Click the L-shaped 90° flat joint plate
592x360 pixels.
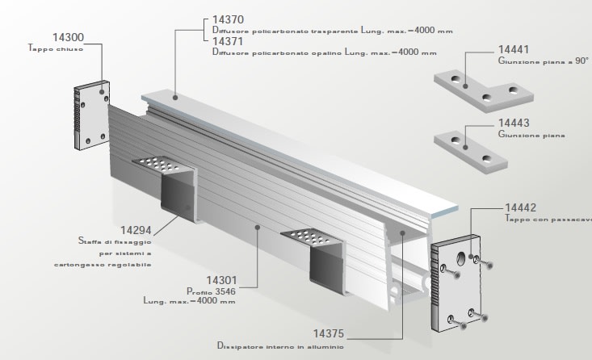coord(477,90)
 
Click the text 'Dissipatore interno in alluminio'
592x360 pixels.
coord(279,345)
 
